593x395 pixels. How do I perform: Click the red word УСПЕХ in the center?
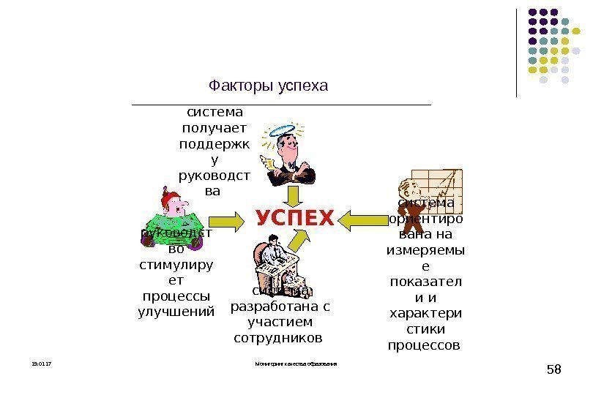click(294, 218)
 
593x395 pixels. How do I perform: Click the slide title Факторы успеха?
click(268, 86)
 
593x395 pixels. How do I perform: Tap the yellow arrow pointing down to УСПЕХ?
click(293, 195)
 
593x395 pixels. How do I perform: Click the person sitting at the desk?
click(275, 263)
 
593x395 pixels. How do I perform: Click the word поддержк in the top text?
click(214, 143)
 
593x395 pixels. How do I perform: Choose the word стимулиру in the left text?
click(176, 264)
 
